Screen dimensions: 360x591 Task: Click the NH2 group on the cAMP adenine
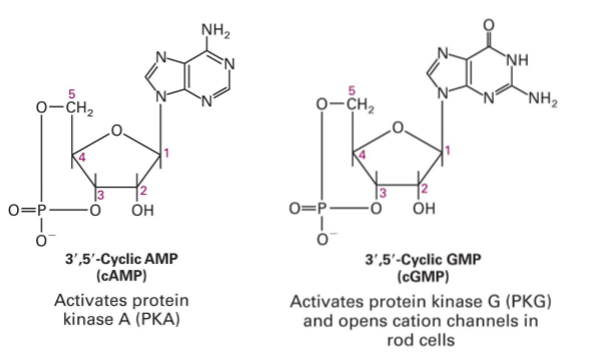point(217,28)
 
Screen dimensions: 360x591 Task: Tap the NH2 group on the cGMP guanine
point(543,98)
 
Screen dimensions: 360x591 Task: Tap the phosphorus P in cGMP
point(322,210)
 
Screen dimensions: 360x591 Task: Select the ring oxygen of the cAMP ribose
point(117,130)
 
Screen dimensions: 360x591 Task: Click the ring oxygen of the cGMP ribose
point(399,129)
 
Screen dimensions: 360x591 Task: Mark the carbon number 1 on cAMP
point(168,151)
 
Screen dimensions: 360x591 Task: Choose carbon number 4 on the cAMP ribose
point(84,158)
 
